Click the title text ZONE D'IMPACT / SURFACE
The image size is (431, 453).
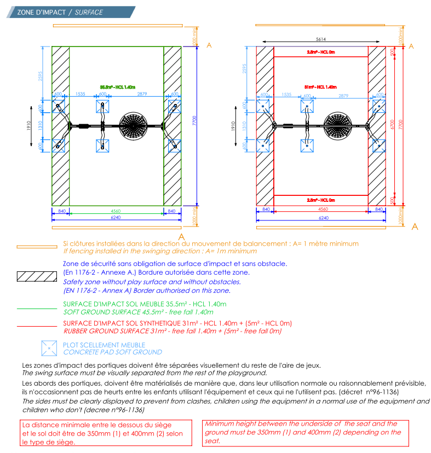click(60, 12)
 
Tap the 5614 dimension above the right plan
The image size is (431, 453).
click(321, 39)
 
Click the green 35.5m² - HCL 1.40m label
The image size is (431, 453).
click(117, 87)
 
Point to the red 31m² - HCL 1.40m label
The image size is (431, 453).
click(320, 87)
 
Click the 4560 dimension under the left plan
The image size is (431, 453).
click(116, 210)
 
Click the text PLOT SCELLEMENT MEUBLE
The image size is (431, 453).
click(104, 345)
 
